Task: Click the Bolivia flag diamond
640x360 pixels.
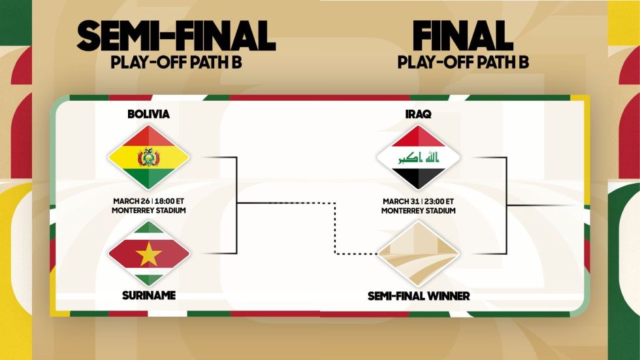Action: (149, 157)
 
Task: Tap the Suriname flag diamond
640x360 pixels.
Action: (149, 254)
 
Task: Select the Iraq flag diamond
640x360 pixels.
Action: (419, 157)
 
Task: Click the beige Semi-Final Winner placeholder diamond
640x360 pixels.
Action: (419, 254)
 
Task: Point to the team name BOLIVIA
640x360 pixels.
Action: (149, 114)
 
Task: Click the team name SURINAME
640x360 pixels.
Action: (149, 295)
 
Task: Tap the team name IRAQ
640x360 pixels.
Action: (419, 114)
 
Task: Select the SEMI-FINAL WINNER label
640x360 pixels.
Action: (419, 296)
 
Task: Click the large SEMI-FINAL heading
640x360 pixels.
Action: (176, 36)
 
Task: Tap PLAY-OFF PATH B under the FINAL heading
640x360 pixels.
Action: (463, 63)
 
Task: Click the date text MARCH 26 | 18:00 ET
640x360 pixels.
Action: (149, 201)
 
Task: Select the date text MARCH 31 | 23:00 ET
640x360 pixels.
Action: (419, 201)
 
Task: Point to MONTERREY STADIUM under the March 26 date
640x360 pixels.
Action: (149, 210)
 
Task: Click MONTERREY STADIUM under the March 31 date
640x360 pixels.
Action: (419, 210)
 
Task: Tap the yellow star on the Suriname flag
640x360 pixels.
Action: (149, 254)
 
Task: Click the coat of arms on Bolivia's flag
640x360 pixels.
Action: (149, 157)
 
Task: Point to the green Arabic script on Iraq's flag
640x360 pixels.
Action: (419, 157)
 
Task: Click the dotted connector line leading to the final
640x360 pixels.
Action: (335, 229)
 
